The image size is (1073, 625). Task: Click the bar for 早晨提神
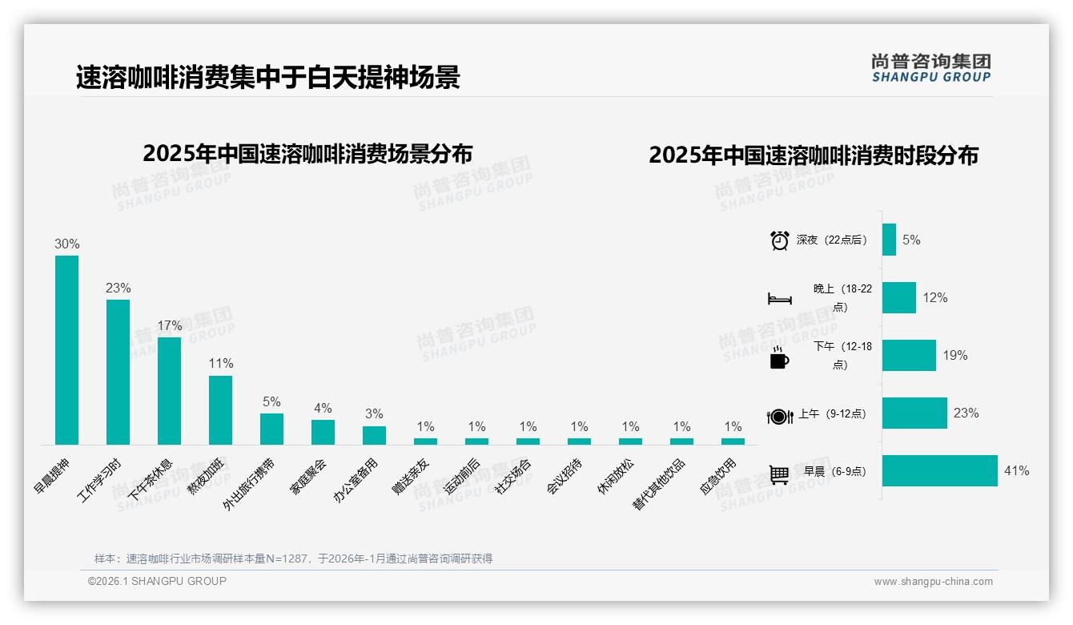pyautogui.click(x=66, y=350)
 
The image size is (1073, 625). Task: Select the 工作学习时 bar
pyautogui.click(x=118, y=372)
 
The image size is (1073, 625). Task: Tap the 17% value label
pyautogui.click(x=169, y=326)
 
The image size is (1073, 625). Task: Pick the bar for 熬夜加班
pyautogui.click(x=220, y=409)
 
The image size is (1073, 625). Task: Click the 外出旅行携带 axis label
pyautogui.click(x=251, y=485)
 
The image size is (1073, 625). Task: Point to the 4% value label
pyautogui.click(x=323, y=409)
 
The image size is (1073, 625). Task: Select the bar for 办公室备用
pyautogui.click(x=374, y=435)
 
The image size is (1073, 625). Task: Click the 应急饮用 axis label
pyautogui.click(x=718, y=477)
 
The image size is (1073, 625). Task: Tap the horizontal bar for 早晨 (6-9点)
pyautogui.click(x=939, y=471)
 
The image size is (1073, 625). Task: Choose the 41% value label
pyautogui.click(x=1016, y=471)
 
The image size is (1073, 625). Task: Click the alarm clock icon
pyautogui.click(x=779, y=240)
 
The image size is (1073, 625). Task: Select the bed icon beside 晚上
pyautogui.click(x=779, y=299)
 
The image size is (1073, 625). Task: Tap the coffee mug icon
pyautogui.click(x=779, y=357)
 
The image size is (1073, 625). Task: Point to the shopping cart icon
pyautogui.click(x=779, y=474)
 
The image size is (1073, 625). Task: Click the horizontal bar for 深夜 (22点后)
pyautogui.click(x=889, y=240)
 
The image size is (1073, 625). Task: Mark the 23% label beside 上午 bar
pyautogui.click(x=966, y=413)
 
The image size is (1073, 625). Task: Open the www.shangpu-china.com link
pyautogui.click(x=933, y=582)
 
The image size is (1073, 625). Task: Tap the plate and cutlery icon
pyautogui.click(x=779, y=416)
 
